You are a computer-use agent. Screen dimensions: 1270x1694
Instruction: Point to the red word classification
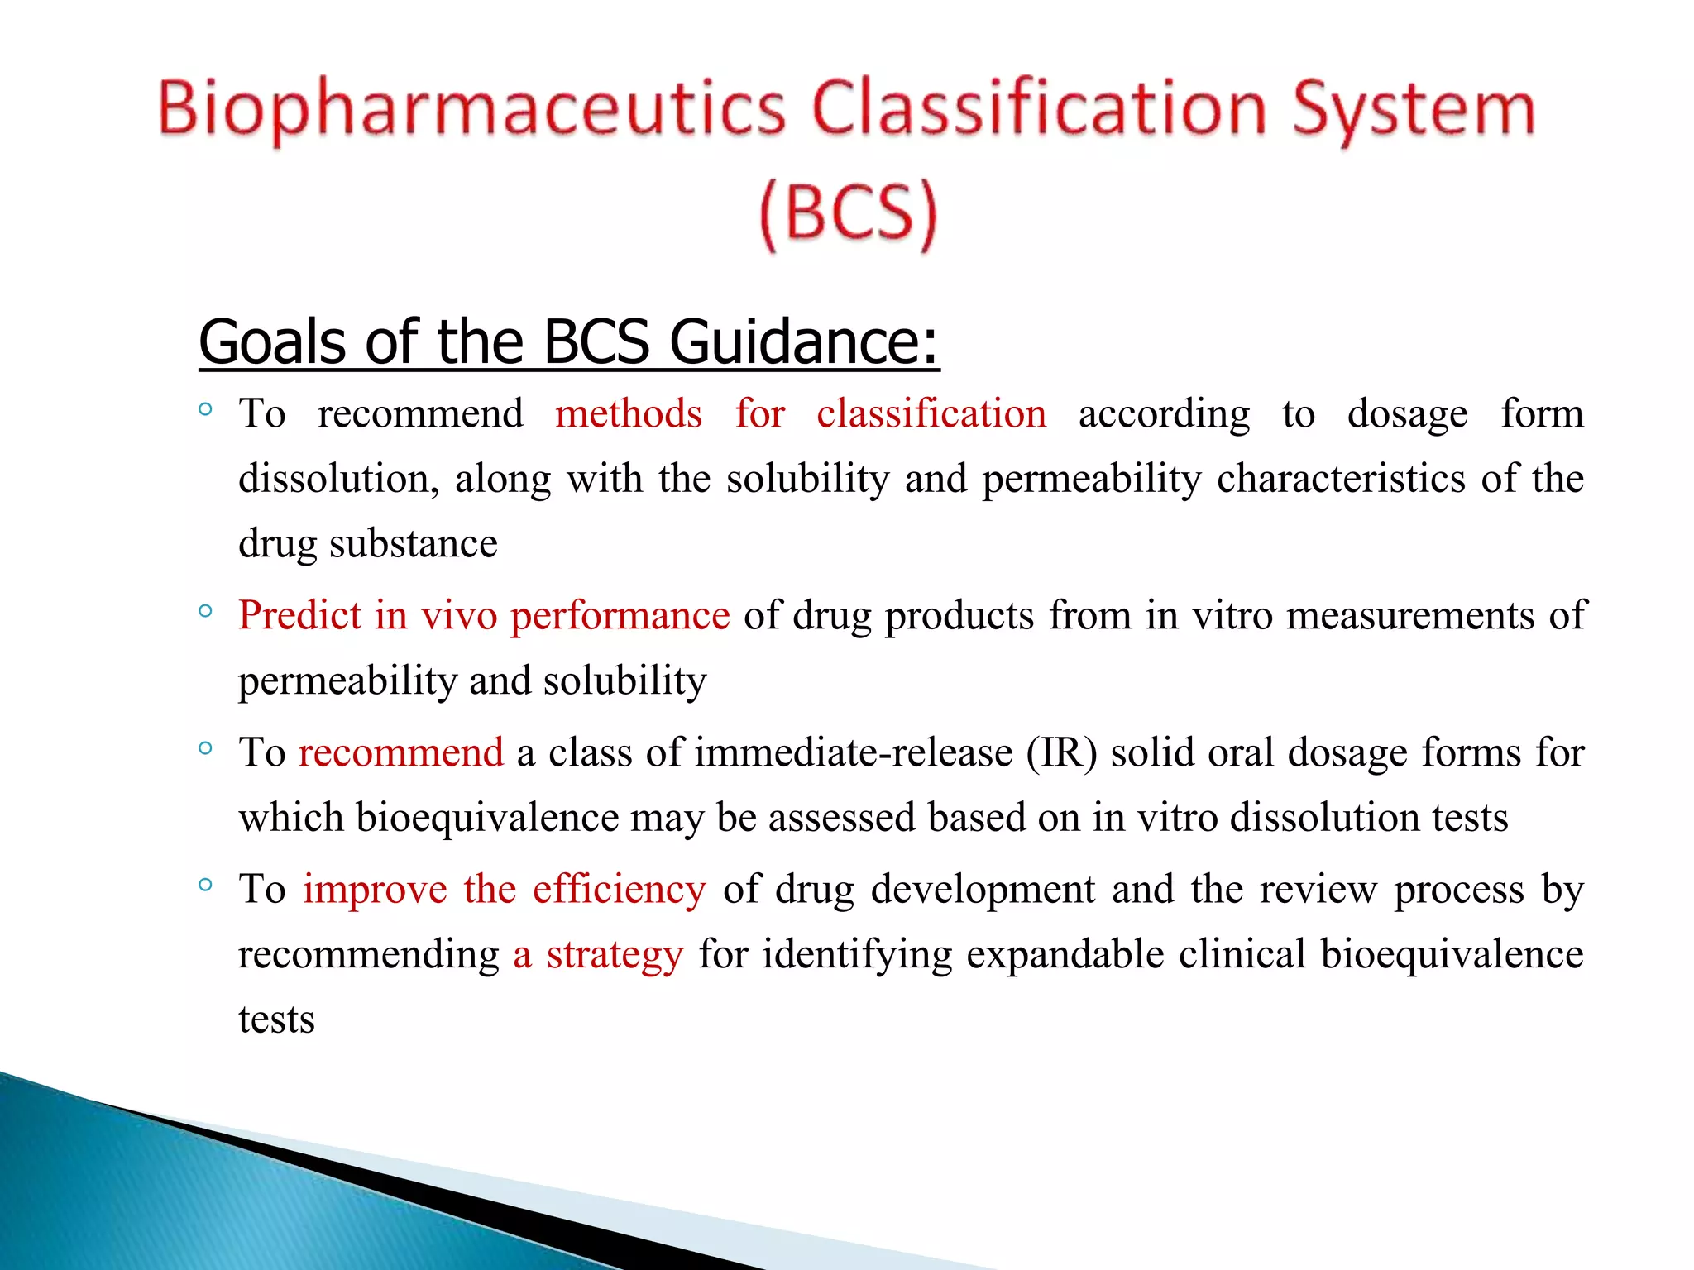(931, 413)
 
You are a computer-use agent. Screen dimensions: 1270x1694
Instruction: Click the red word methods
(629, 413)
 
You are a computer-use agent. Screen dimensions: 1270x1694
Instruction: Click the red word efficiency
(620, 890)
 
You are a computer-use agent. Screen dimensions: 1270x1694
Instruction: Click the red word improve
(375, 890)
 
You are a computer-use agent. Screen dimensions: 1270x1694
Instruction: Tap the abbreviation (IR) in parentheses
(1062, 753)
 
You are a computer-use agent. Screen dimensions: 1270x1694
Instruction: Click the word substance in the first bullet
(414, 544)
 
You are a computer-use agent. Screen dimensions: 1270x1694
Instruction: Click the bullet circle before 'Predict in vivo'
(206, 612)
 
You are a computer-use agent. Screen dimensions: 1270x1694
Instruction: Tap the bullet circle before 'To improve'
(206, 886)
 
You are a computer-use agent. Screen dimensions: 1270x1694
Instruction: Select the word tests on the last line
(276, 1019)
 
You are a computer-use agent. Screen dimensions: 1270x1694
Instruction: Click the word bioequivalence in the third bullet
(487, 818)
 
